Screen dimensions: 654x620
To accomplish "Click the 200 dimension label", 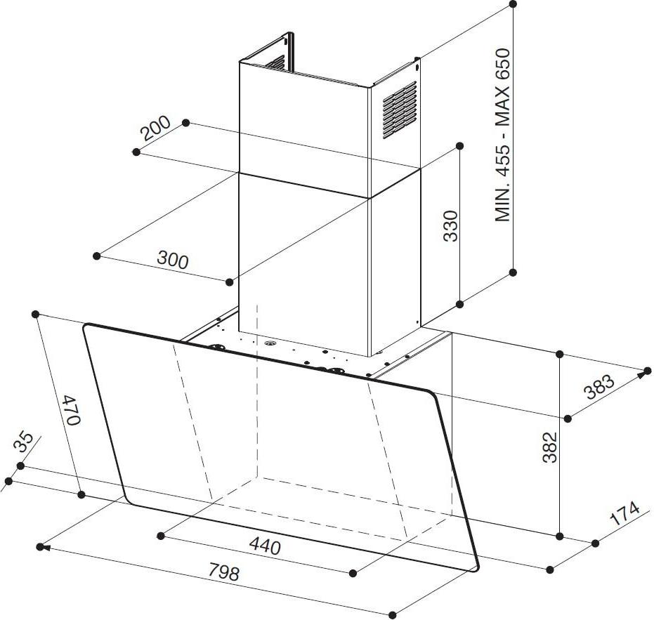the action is (x=155, y=128).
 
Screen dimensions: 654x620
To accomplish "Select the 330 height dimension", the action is (x=451, y=226).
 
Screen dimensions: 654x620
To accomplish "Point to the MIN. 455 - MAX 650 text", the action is (x=502, y=135).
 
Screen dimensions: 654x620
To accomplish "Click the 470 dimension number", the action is (x=70, y=410).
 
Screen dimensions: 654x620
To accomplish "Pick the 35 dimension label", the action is (x=23, y=442).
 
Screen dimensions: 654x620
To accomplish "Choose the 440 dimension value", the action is (x=265, y=546).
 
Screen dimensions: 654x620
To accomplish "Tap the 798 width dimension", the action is (x=224, y=572).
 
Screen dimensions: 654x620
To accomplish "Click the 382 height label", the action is (x=550, y=447).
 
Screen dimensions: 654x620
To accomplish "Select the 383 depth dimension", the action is (x=599, y=387).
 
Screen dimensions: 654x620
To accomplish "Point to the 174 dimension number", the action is (x=624, y=514).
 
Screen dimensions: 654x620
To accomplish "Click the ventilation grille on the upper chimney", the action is (x=400, y=110).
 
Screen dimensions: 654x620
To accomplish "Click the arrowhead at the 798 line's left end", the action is (x=45, y=548).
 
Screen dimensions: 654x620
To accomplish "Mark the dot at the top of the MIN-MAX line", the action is (x=514, y=4).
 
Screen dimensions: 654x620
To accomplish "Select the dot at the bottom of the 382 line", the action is (x=560, y=536).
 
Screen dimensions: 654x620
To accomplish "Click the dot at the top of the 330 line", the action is (x=459, y=145).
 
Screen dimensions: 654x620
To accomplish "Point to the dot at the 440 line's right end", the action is (x=353, y=573).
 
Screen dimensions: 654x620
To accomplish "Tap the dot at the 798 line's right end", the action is (x=392, y=614).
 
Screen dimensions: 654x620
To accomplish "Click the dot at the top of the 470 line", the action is (x=35, y=314).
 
